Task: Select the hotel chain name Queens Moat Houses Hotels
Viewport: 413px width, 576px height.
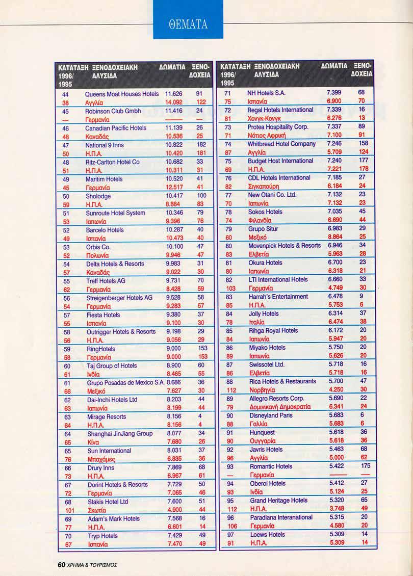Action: click(122, 94)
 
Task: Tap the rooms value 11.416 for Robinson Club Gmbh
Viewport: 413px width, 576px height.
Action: click(174, 111)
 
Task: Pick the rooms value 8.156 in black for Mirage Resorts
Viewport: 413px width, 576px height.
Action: click(174, 416)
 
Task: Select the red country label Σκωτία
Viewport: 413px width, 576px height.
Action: click(96, 510)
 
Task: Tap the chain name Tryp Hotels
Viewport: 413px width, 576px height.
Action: click(102, 536)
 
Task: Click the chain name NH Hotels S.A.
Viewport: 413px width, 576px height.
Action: click(266, 93)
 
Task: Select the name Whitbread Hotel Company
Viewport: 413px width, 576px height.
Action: click(281, 144)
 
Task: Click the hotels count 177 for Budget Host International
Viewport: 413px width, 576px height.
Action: click(364, 161)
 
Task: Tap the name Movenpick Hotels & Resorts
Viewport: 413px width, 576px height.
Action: click(285, 246)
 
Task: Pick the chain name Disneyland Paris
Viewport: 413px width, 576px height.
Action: click(271, 415)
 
